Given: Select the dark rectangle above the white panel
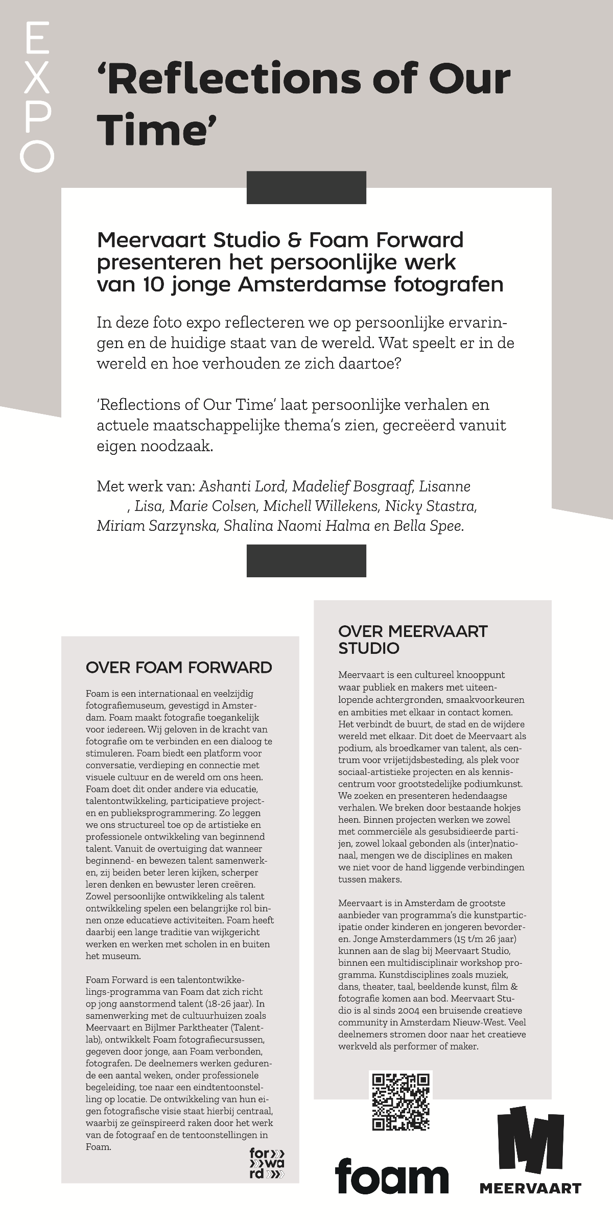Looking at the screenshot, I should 306,187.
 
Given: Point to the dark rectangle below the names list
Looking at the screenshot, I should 306,560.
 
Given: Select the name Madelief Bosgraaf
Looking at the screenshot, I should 352,486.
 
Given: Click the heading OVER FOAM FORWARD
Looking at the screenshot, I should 179,667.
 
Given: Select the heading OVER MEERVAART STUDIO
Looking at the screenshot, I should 413,640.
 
